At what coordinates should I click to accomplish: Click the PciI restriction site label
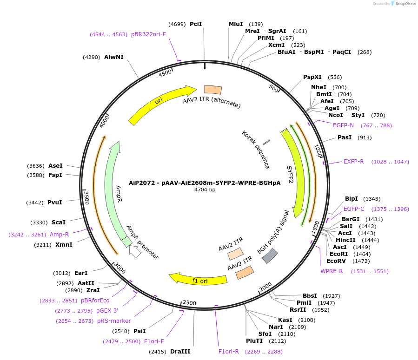pyautogui.click(x=196, y=24)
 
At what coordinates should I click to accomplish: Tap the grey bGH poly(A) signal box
pyautogui.click(x=270, y=256)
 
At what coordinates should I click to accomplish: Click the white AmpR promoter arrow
pyautogui.click(x=135, y=252)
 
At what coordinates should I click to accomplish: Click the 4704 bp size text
pyautogui.click(x=205, y=190)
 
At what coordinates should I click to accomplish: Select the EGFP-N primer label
pyautogui.click(x=343, y=125)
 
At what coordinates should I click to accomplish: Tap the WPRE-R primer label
pyautogui.click(x=332, y=271)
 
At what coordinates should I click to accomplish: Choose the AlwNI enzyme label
pyautogui.click(x=114, y=57)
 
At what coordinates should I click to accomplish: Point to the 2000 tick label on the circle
pyautogui.click(x=265, y=288)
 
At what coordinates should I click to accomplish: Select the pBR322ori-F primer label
pyautogui.click(x=148, y=34)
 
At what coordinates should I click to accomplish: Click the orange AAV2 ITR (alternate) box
pyautogui.click(x=213, y=90)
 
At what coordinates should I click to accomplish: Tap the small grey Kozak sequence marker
pyautogui.click(x=266, y=142)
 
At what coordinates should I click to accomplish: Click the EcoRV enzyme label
pyautogui.click(x=336, y=261)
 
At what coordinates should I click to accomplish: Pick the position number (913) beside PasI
pyautogui.click(x=365, y=137)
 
